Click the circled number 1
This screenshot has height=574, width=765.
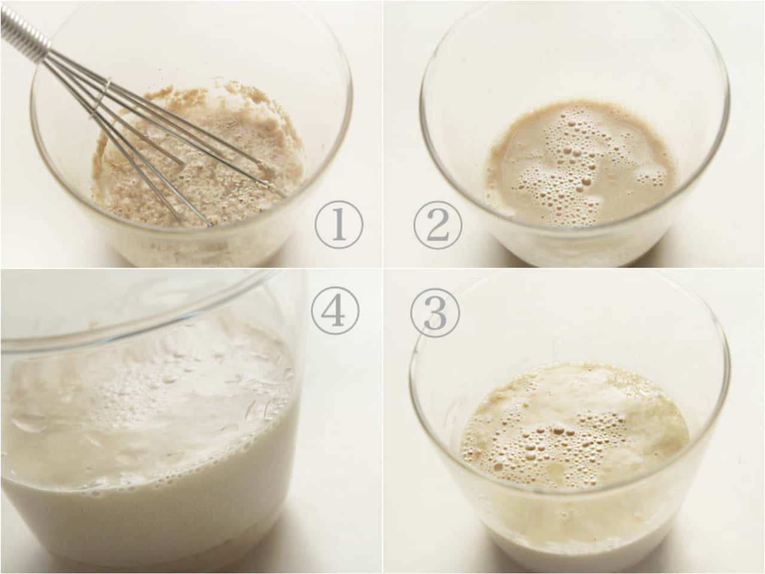pyautogui.click(x=339, y=225)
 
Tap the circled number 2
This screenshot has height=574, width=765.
pyautogui.click(x=437, y=225)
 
